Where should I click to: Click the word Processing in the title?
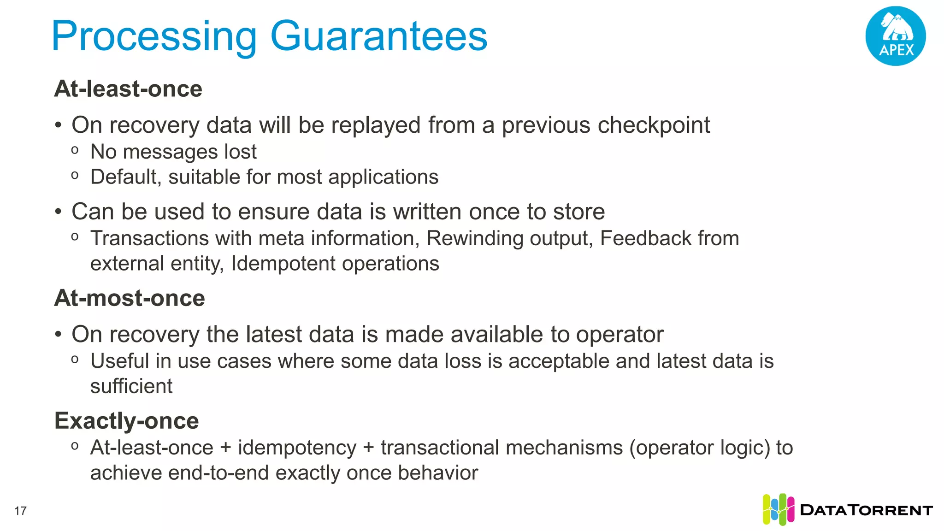(154, 37)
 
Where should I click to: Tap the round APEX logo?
(895, 36)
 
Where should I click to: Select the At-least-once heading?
(128, 88)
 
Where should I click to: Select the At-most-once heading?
(130, 298)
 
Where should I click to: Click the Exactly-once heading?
(126, 420)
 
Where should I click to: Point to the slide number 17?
(21, 511)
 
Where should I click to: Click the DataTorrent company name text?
(866, 510)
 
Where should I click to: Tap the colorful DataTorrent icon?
(778, 509)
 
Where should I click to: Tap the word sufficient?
(131, 386)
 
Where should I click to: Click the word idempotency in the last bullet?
(297, 448)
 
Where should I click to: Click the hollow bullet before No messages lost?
(75, 150)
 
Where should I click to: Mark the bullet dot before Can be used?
(58, 212)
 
